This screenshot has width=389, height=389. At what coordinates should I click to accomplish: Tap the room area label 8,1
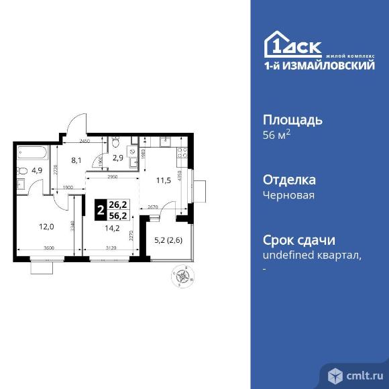click(76, 160)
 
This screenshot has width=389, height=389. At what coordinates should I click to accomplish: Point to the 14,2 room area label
click(110, 227)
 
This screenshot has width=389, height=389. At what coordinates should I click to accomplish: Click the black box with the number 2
click(100, 210)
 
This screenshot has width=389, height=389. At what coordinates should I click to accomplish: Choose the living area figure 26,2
click(118, 205)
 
